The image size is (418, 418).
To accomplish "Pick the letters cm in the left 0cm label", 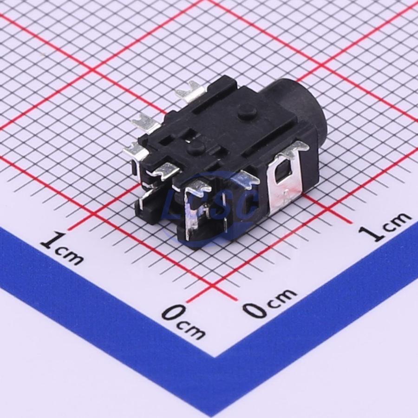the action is click(193, 329).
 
